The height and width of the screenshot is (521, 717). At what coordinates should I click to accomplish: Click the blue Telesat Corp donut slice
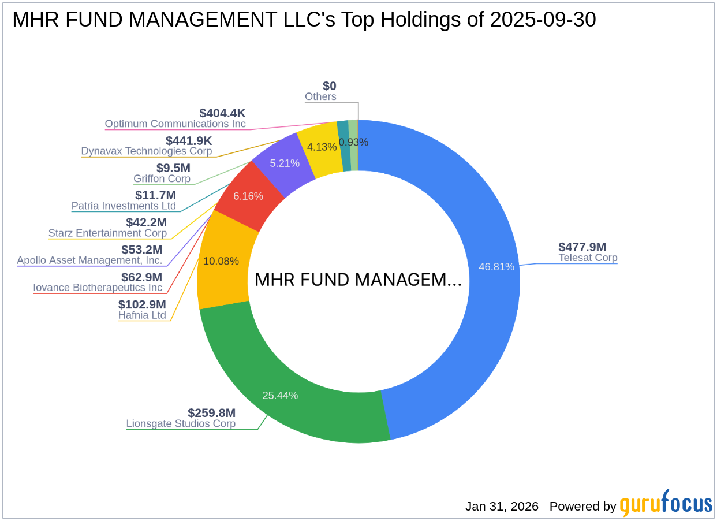pyautogui.click(x=485, y=231)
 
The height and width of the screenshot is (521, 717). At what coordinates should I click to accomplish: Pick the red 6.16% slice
pyautogui.click(x=248, y=196)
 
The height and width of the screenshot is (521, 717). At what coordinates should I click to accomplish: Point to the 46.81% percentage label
pyautogui.click(x=496, y=266)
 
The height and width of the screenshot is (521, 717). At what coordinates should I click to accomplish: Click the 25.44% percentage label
pyautogui.click(x=280, y=395)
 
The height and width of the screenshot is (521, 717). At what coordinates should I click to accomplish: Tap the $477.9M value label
pyautogui.click(x=582, y=247)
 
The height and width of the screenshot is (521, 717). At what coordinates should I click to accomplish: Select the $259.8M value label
pyautogui.click(x=211, y=413)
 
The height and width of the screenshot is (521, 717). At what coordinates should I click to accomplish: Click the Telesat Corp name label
pyautogui.click(x=588, y=258)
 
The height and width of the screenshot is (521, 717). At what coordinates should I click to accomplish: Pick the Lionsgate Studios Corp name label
pyautogui.click(x=181, y=423)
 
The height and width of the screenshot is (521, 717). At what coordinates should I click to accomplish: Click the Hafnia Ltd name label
pyautogui.click(x=142, y=315)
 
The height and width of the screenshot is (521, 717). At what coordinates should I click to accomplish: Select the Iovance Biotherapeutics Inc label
pyautogui.click(x=98, y=288)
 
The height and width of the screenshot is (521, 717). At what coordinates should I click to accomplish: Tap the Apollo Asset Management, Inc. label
pyautogui.click(x=89, y=260)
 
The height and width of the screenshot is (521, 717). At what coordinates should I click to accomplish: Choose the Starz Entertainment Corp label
pyautogui.click(x=107, y=233)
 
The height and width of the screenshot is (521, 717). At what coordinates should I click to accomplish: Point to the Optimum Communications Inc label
pyautogui.click(x=175, y=124)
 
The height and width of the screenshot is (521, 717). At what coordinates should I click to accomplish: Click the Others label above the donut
pyautogui.click(x=320, y=96)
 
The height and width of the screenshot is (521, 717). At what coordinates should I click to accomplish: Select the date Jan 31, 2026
pyautogui.click(x=502, y=507)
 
